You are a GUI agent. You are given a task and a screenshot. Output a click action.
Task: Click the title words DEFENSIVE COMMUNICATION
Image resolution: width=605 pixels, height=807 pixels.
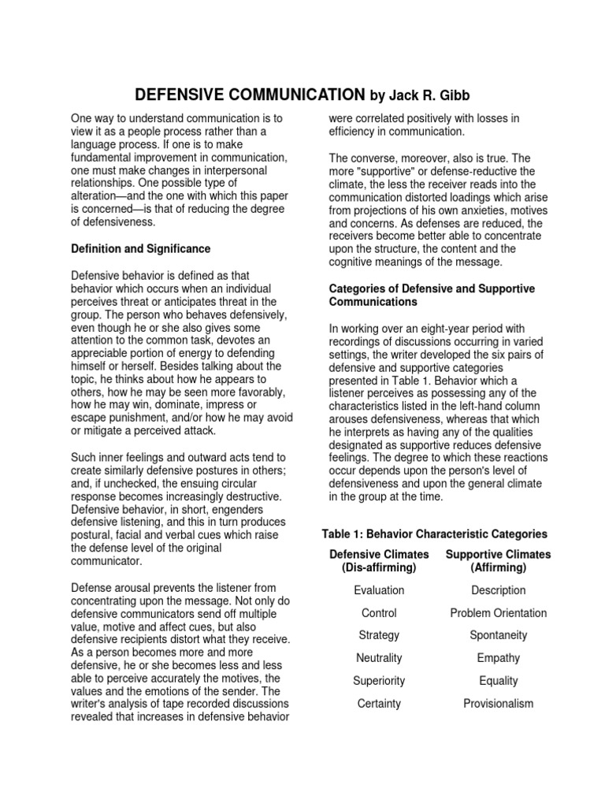(x=250, y=95)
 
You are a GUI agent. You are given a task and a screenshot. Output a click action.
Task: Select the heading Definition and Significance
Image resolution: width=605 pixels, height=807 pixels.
(x=141, y=248)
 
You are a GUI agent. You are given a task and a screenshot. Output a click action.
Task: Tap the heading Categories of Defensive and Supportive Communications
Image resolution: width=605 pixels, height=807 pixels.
(x=431, y=296)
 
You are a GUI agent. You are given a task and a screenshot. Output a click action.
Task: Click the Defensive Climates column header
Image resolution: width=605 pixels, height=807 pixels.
(x=380, y=561)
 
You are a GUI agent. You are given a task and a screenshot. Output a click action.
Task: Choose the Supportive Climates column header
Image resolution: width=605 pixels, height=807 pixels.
(x=498, y=561)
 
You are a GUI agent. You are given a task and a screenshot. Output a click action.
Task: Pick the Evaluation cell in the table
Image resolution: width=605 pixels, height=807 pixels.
(x=380, y=590)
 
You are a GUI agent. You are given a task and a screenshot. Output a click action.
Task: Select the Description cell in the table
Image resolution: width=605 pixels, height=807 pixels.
(x=498, y=590)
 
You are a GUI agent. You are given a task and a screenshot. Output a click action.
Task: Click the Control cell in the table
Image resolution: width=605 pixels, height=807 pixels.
(x=380, y=613)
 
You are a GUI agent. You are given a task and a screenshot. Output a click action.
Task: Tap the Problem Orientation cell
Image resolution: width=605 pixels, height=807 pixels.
(x=498, y=613)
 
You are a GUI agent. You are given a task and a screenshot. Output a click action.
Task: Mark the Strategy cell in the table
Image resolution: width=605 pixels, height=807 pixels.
(x=380, y=635)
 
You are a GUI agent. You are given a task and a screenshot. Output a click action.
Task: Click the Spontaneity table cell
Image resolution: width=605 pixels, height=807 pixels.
(x=498, y=635)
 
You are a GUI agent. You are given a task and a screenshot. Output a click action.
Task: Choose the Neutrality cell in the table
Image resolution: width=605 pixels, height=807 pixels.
(x=380, y=658)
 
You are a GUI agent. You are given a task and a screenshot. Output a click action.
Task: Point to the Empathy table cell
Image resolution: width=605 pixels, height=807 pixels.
(x=498, y=658)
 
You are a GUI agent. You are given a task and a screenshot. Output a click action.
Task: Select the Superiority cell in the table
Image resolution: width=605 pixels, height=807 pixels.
(x=380, y=681)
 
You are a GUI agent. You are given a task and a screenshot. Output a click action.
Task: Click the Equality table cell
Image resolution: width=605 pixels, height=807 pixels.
(x=498, y=681)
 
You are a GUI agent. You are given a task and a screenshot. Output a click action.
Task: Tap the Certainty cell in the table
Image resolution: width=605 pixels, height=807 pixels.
(x=380, y=704)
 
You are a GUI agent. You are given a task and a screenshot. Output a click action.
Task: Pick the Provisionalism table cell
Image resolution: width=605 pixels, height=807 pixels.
(x=498, y=704)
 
